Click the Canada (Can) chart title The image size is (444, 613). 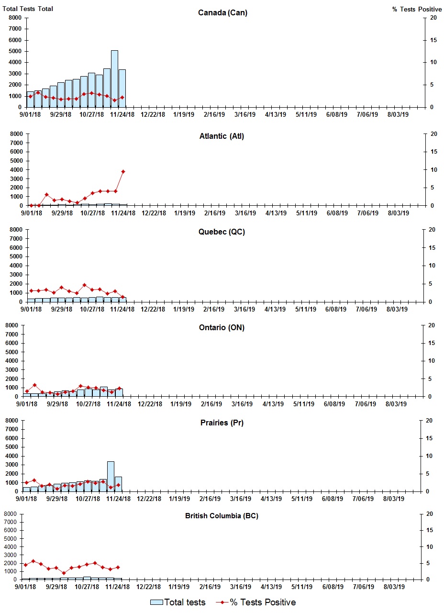point(222,13)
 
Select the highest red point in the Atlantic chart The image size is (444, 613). point(123,171)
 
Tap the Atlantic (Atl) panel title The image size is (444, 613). point(222,136)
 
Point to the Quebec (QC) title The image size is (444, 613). point(222,232)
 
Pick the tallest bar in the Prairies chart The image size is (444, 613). point(111,476)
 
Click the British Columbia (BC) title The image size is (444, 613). point(222,516)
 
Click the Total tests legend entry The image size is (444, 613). point(178,602)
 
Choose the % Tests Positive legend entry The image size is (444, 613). point(255,602)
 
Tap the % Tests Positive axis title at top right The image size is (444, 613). point(417,9)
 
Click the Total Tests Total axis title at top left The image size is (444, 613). point(28,9)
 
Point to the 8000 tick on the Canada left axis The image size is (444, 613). point(15,18)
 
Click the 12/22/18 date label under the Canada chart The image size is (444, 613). point(153,115)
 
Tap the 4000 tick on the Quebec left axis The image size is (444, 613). point(15,266)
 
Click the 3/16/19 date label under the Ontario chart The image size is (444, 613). point(242,404)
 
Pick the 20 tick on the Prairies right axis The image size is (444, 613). point(429,421)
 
